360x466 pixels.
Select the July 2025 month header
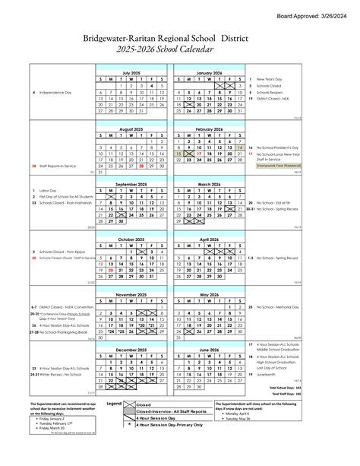coord(131,72)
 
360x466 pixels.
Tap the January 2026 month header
coord(208,72)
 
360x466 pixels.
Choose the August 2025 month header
coord(131,129)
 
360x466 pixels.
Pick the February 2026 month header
coord(208,129)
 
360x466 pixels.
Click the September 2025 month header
coord(131,184)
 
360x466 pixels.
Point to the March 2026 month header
coord(208,184)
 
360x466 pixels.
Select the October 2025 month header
coord(131,239)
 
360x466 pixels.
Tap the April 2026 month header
coord(208,239)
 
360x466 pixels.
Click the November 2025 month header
coord(131,293)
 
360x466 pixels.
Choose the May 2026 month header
coord(208,293)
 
